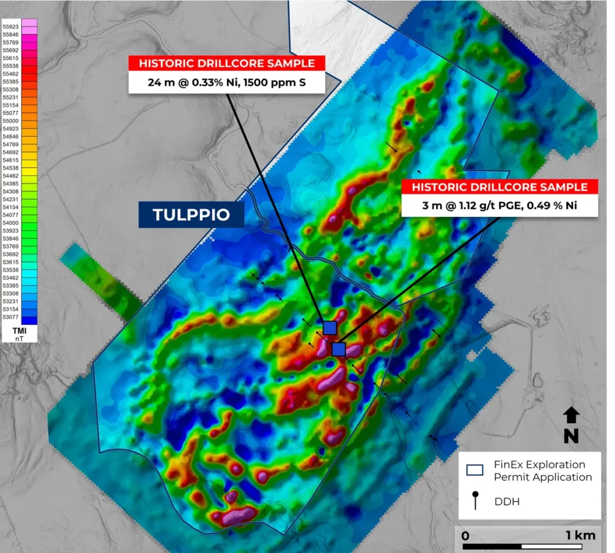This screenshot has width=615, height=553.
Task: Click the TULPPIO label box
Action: pos(192,214)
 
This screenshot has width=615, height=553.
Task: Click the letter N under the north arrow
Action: pos(571,437)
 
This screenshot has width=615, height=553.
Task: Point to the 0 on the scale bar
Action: pos(465,535)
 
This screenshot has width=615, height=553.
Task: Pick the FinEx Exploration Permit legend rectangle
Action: pos(475,470)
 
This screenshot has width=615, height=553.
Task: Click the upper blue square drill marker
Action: pos(329,327)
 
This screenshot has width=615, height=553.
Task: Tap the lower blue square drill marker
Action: pos(339,349)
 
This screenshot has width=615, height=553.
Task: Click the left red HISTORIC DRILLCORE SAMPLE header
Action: pos(227,63)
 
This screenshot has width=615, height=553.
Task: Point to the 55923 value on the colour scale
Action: pos(11,27)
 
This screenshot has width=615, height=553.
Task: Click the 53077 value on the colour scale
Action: pos(11,316)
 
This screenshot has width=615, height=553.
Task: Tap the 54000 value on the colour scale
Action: pos(11,223)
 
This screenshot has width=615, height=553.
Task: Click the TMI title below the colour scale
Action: pos(18,331)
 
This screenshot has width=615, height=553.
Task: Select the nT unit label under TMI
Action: pos(18,339)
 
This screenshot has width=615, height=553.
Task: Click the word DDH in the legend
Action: pos(507,501)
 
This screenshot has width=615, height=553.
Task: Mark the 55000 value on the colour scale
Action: pos(11,121)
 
